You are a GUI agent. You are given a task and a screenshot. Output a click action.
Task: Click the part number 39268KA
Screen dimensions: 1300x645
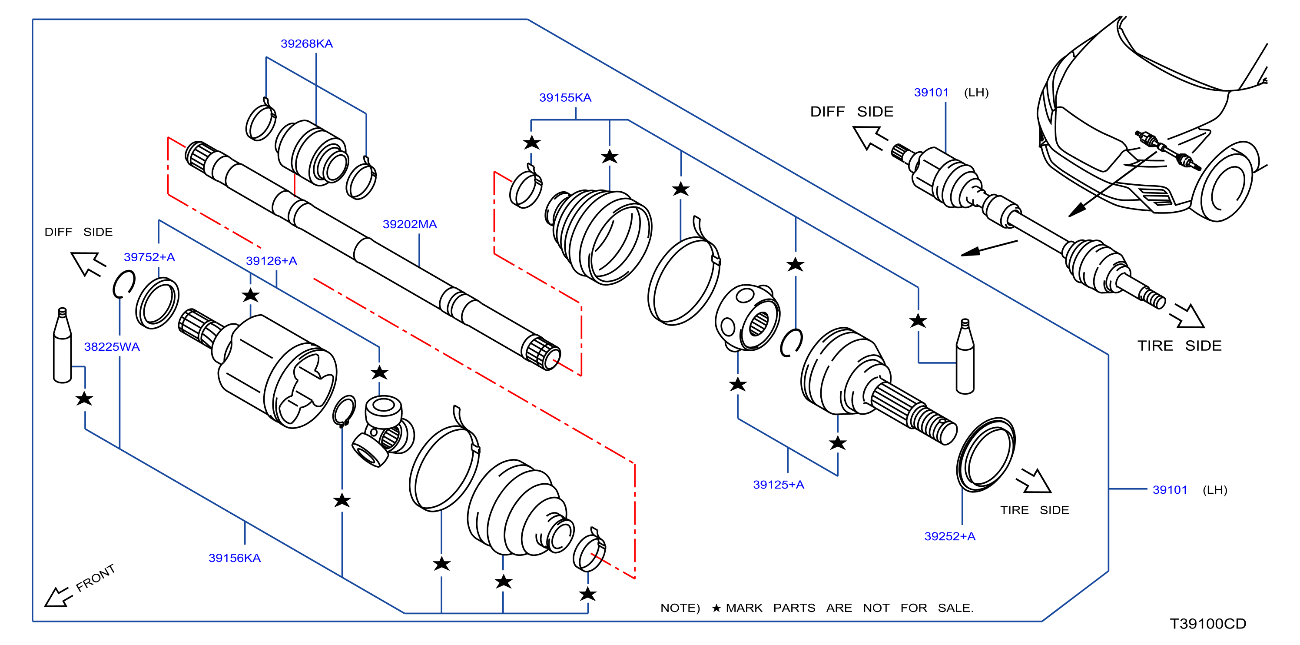pos(306,44)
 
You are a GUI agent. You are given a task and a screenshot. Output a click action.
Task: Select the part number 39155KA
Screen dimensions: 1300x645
pos(565,97)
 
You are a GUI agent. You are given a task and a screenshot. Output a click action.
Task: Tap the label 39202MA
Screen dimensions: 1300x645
pos(409,224)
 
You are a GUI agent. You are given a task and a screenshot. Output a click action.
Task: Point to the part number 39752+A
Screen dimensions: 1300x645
pos(149,257)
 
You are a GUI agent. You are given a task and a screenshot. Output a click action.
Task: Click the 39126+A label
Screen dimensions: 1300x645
pos(271,261)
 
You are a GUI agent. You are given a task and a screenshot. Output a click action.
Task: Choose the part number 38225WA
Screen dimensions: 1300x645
pos(112,347)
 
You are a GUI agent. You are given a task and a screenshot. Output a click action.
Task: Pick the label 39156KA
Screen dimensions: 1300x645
pos(234,558)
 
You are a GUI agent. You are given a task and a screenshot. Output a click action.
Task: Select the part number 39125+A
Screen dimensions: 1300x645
pos(778,485)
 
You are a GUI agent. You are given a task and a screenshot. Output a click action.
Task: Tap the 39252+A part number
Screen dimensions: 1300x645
pos(949,536)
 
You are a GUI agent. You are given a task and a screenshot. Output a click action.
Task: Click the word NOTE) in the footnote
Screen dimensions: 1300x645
pos(680,608)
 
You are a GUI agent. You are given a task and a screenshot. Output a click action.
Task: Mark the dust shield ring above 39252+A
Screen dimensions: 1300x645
pos(985,454)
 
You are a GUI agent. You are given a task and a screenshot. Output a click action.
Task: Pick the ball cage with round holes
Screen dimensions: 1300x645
pos(747,317)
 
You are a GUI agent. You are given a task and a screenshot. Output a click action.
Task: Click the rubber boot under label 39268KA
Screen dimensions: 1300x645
pos(311,153)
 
